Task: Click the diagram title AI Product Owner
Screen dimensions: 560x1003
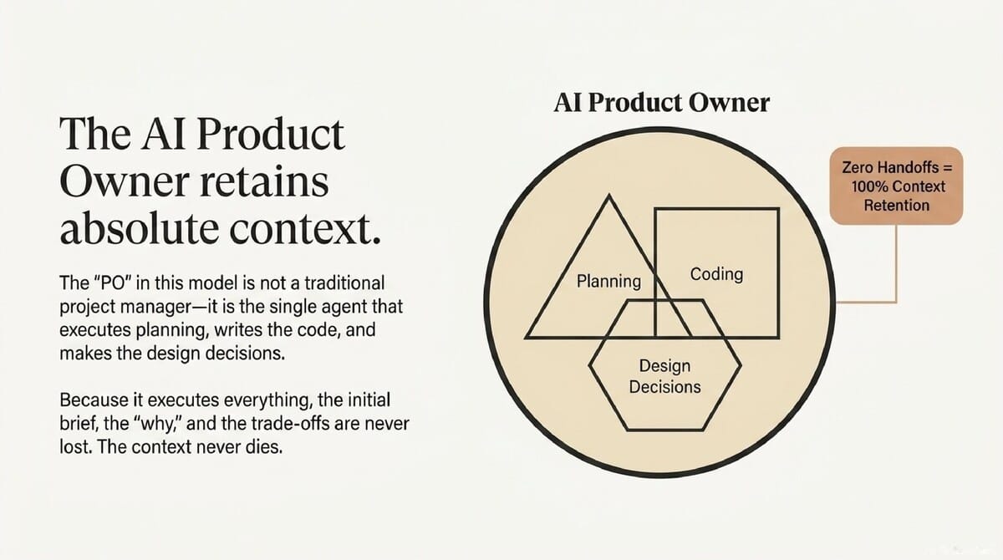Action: (661, 104)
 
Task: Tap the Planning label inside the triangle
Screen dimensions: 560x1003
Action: (608, 281)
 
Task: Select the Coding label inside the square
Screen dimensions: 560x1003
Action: (716, 273)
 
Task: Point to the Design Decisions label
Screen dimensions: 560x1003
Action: (664, 376)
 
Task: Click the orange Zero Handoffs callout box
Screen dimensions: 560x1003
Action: (896, 186)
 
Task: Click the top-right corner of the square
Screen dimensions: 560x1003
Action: (778, 209)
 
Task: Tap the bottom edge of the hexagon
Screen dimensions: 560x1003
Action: (664, 430)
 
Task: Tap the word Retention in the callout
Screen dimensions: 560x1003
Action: (897, 204)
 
